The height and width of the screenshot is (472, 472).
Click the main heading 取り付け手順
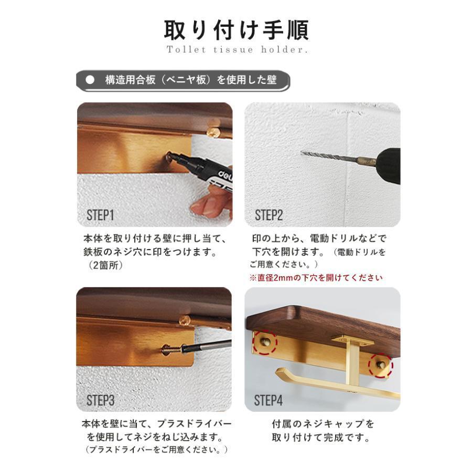(236, 30)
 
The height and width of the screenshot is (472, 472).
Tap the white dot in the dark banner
(90, 80)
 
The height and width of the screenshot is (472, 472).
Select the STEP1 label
(100, 215)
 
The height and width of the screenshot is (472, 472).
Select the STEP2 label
(269, 215)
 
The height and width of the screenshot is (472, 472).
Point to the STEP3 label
(100, 401)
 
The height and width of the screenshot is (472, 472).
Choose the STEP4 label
(269, 401)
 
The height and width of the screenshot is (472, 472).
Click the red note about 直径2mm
(316, 277)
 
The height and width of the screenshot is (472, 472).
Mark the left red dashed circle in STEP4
(265, 342)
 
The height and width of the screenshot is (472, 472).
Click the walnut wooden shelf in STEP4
(325, 320)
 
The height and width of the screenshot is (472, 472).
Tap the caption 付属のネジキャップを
(323, 424)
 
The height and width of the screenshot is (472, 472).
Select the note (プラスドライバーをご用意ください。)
(156, 449)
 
